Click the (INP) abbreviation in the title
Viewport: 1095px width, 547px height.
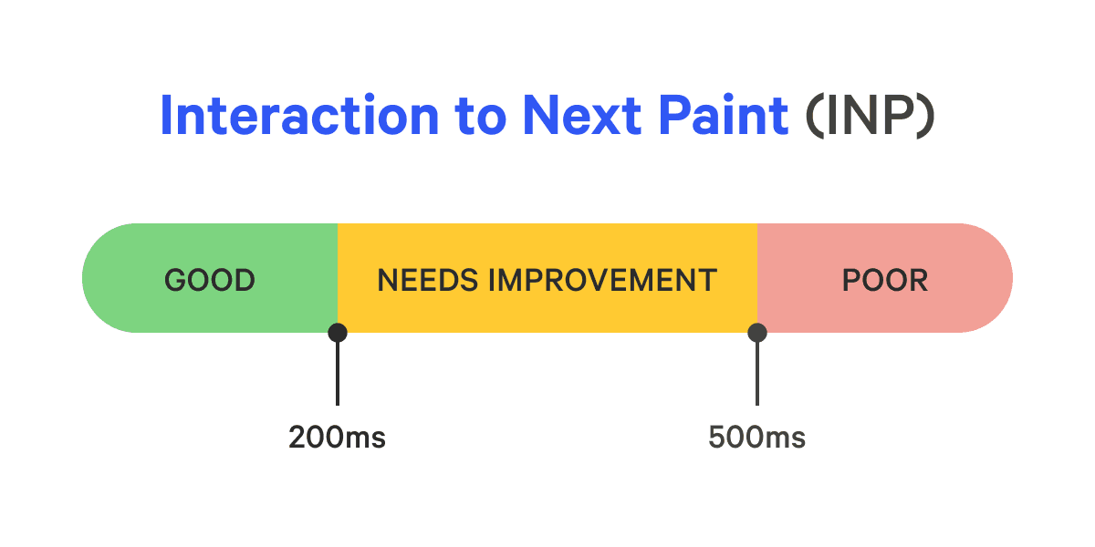click(x=870, y=116)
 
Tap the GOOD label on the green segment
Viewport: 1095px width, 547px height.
click(x=210, y=280)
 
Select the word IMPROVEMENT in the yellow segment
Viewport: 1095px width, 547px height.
click(x=603, y=280)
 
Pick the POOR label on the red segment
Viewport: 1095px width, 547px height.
click(x=884, y=280)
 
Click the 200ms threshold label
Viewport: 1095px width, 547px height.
click(x=337, y=439)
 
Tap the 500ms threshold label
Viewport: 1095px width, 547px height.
click(x=756, y=439)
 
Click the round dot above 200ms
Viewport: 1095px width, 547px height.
click(x=338, y=333)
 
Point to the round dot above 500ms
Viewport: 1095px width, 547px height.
click(x=756, y=333)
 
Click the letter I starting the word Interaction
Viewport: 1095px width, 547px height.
click(x=167, y=116)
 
